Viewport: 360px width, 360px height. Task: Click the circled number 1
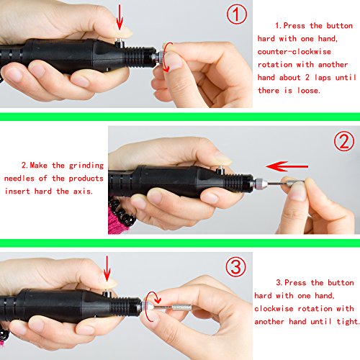[237, 14]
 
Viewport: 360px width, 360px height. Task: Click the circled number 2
[344, 141]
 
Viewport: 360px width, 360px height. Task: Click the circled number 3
[235, 266]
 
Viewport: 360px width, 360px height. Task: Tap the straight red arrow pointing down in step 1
[120, 17]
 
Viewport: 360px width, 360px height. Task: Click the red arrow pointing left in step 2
[287, 166]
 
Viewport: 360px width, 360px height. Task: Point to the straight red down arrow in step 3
[107, 269]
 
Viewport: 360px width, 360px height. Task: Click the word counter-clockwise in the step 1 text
[294, 52]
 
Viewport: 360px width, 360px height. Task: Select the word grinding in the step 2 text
[86, 166]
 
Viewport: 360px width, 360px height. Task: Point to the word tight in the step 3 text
[348, 321]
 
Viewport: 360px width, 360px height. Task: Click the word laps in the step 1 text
[323, 78]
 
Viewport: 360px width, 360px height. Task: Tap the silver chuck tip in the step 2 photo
[261, 184]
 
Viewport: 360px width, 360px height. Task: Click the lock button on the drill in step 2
[219, 171]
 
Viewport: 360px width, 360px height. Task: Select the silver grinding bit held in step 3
[172, 307]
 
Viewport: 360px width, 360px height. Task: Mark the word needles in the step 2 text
[19, 179]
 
